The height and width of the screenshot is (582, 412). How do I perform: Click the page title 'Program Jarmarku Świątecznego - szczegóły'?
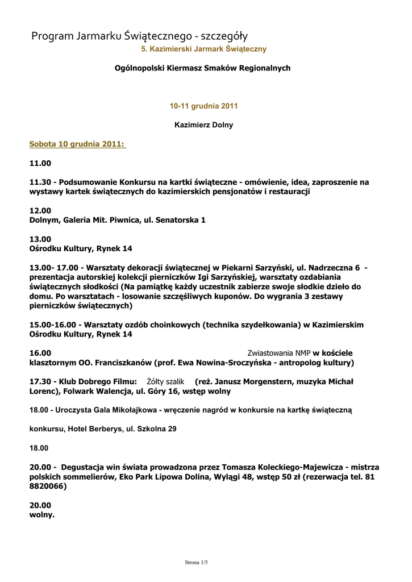pos(139,37)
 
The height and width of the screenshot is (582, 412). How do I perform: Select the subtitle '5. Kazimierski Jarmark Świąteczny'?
pos(203,49)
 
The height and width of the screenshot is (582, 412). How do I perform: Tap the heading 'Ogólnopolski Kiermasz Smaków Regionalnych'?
pos(203,68)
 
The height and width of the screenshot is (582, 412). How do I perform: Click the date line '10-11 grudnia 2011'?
pos(203,106)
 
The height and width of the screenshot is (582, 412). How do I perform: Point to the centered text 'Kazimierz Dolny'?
pos(203,125)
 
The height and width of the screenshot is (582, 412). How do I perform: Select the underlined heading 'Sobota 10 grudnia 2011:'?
pos(77,144)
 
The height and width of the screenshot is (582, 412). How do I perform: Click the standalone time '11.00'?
pos(40,163)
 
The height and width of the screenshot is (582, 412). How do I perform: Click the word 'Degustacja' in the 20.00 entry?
pos(84,467)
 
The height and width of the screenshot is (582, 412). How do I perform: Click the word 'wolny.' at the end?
pos(42,515)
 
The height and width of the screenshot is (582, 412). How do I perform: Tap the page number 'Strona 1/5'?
pos(197,563)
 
